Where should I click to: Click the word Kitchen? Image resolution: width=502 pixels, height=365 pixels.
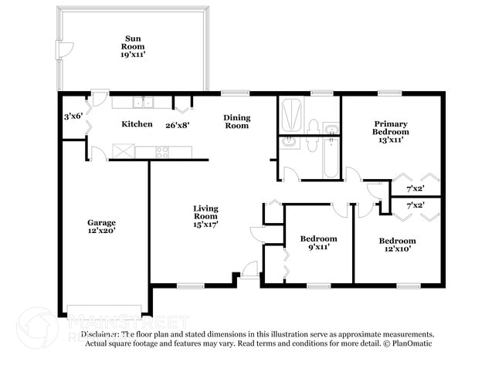(136, 124)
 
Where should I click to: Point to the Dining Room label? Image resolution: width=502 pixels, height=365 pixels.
(236, 121)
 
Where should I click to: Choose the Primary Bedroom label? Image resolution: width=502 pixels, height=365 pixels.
(390, 131)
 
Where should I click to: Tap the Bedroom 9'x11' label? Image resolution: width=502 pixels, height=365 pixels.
(318, 244)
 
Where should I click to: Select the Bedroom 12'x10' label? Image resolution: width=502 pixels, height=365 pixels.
(397, 245)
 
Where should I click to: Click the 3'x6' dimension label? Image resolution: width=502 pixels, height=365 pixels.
(73, 116)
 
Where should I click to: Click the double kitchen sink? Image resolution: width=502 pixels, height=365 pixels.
(141, 102)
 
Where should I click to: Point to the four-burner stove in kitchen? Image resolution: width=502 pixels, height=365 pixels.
(163, 152)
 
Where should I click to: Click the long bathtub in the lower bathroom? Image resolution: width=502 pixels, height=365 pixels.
(331, 157)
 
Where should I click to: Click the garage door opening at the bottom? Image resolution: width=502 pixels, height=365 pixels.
(105, 310)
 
